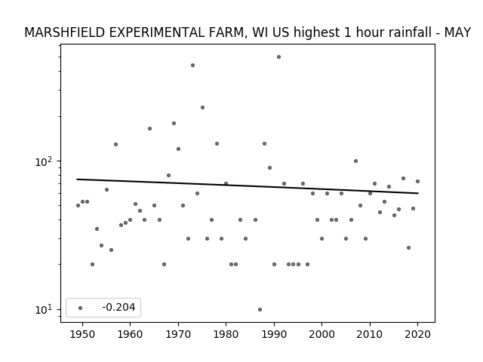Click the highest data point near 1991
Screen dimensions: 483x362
pyautogui.click(x=278, y=57)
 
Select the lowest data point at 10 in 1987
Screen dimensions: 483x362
pyautogui.click(x=260, y=309)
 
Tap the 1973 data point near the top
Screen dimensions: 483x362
pyautogui.click(x=193, y=66)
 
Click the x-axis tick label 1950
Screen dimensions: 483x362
pyautogui.click(x=82, y=334)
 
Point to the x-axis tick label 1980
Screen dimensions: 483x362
pyautogui.click(x=226, y=334)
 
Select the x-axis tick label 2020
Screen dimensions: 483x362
pyautogui.click(x=417, y=334)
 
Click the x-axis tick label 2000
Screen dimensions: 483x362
pyautogui.click(x=322, y=334)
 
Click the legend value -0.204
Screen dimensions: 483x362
pyautogui.click(x=118, y=307)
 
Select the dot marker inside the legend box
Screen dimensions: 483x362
pyautogui.click(x=81, y=308)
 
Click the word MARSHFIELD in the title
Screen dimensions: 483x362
pyautogui.click(x=65, y=32)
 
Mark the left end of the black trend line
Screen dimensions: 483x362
pyautogui.click(x=77, y=179)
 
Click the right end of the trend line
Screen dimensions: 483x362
pyautogui.click(x=418, y=193)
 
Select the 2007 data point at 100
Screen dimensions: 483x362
pyautogui.click(x=355, y=161)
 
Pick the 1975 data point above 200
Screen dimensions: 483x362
pyautogui.click(x=202, y=107)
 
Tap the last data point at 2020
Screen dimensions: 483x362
pyautogui.click(x=417, y=181)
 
